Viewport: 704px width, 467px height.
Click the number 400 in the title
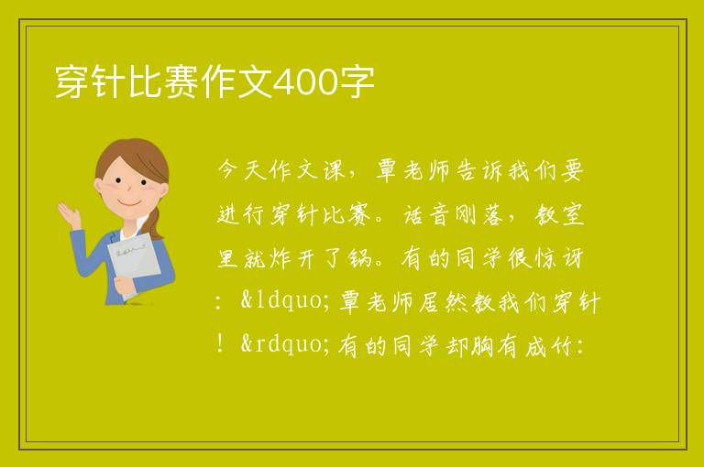[x=305, y=82]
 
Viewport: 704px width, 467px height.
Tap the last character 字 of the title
[x=356, y=81]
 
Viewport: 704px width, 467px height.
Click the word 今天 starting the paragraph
[x=242, y=169]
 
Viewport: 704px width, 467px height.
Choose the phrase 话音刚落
[x=454, y=214]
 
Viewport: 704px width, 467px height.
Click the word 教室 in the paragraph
[x=559, y=214]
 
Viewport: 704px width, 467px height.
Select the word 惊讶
[x=559, y=258]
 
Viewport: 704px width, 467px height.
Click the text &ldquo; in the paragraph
[x=286, y=300]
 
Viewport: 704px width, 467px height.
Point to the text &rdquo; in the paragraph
[x=286, y=344]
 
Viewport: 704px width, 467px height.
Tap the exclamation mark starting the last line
[x=220, y=344]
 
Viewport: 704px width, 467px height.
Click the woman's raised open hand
[x=70, y=214]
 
